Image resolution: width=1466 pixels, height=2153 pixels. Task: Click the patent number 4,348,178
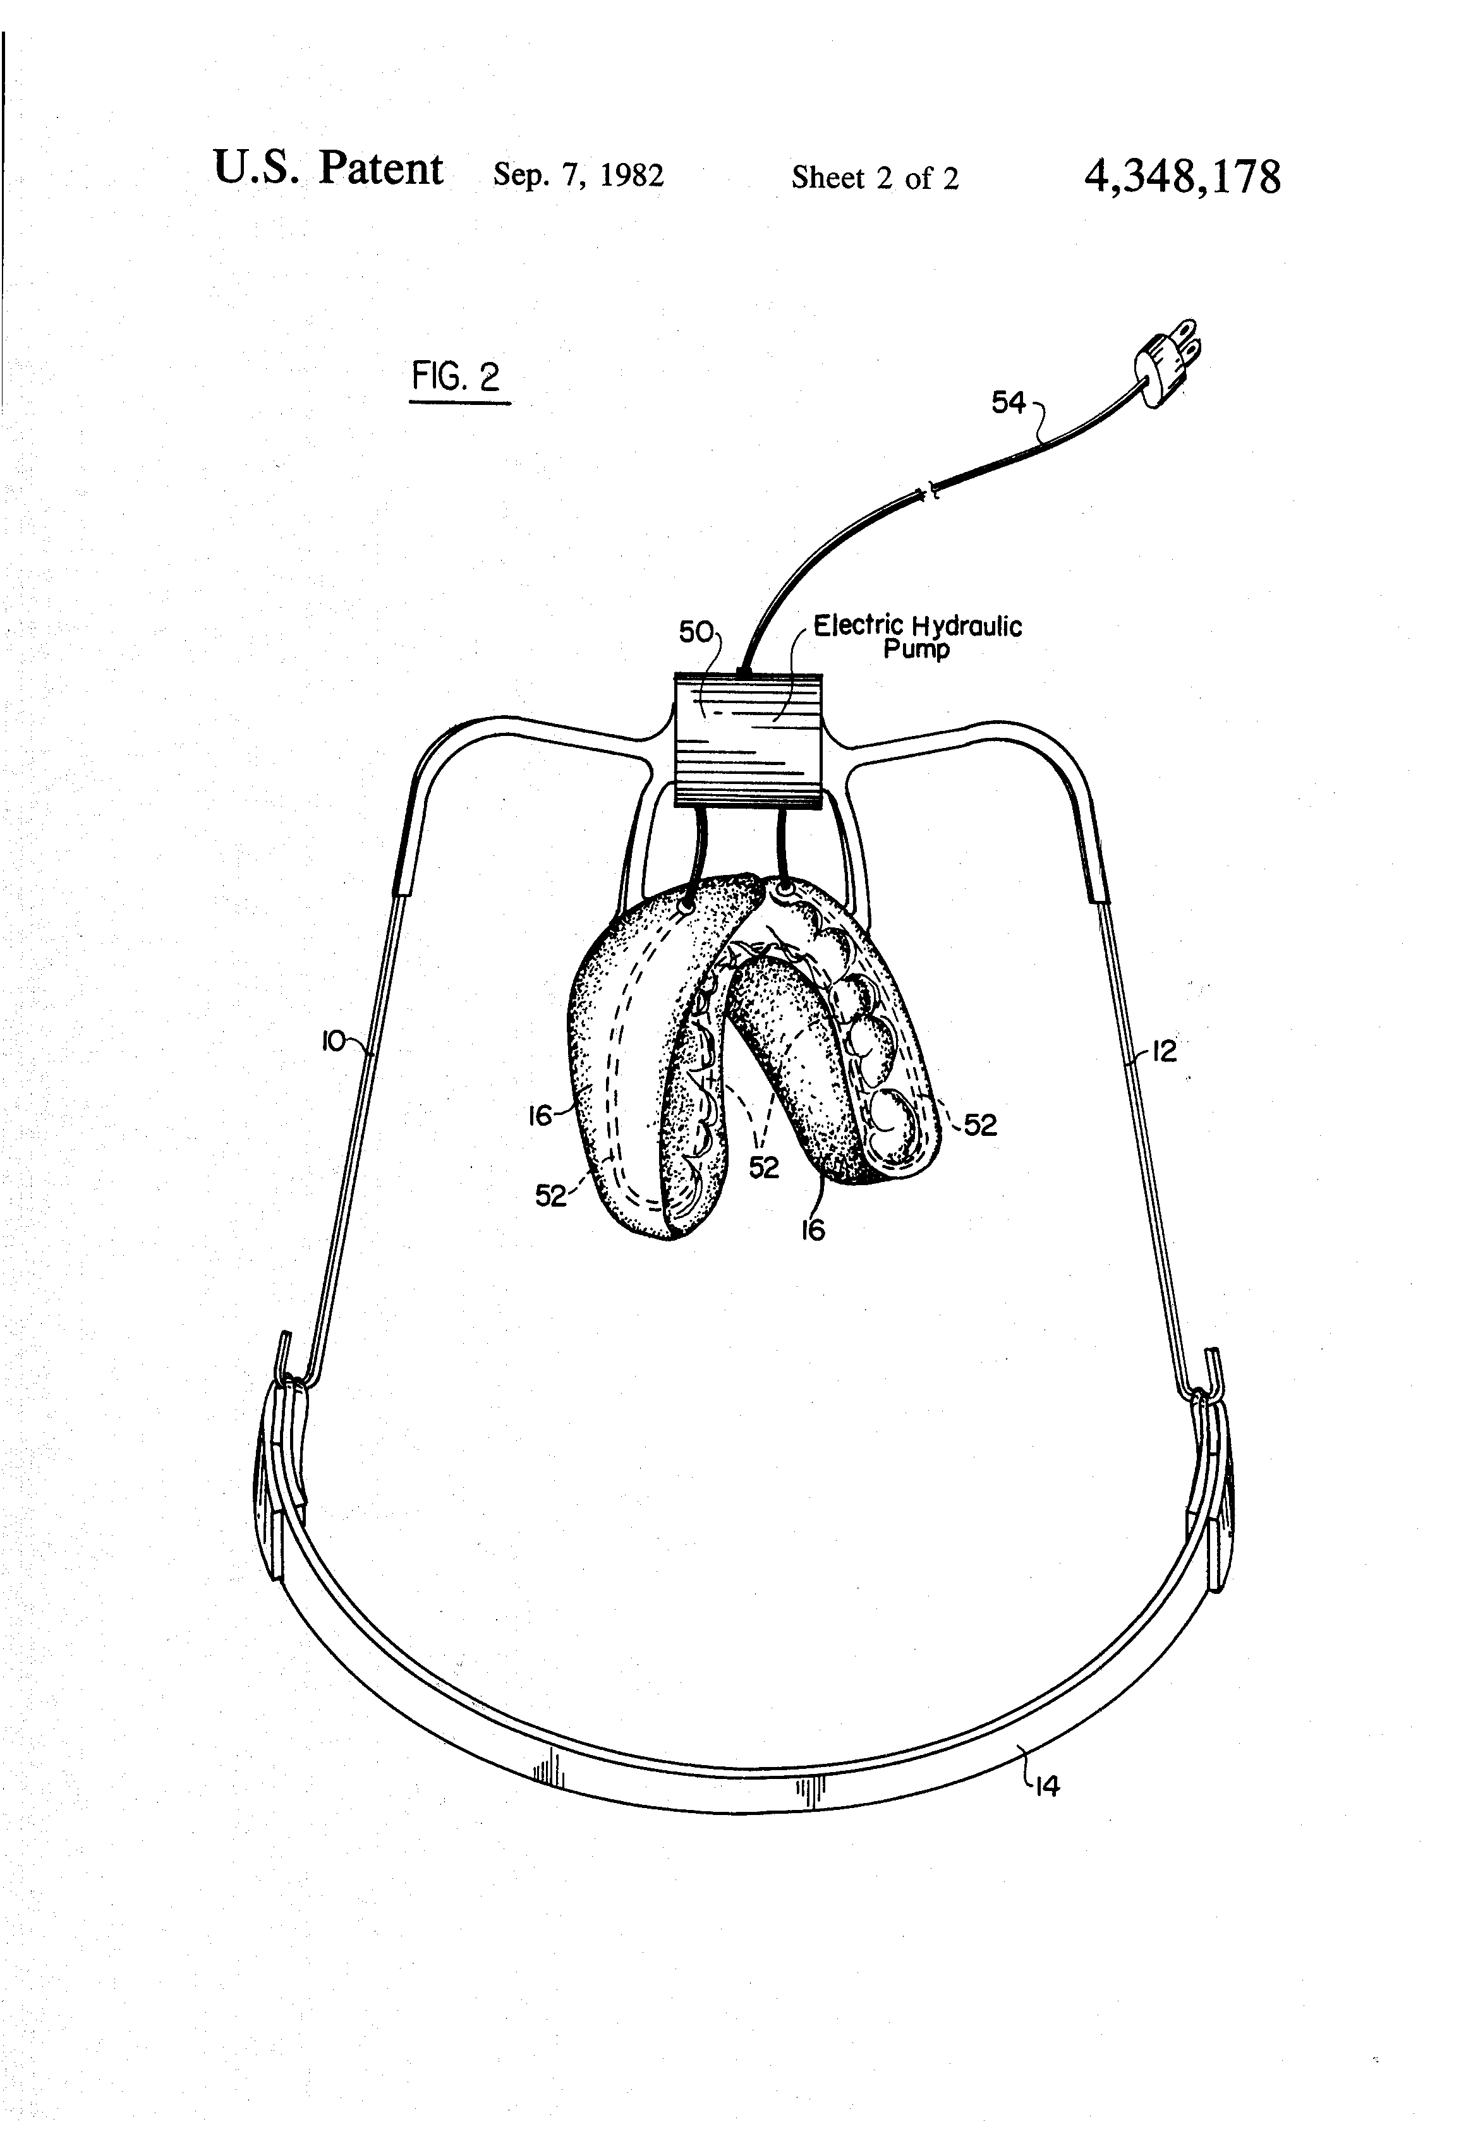(x=1182, y=176)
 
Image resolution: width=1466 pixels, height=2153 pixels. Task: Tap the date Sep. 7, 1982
(x=578, y=175)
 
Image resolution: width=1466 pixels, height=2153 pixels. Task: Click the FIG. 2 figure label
(x=457, y=377)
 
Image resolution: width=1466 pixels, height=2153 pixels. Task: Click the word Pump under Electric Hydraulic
(x=916, y=649)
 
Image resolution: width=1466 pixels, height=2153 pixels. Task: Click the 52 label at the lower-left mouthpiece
(x=550, y=1196)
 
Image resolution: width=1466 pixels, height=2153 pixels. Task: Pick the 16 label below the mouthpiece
(x=812, y=1229)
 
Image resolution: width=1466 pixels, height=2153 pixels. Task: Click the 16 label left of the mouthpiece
(x=541, y=1116)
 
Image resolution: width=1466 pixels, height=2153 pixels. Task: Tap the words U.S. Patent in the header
(x=328, y=169)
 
